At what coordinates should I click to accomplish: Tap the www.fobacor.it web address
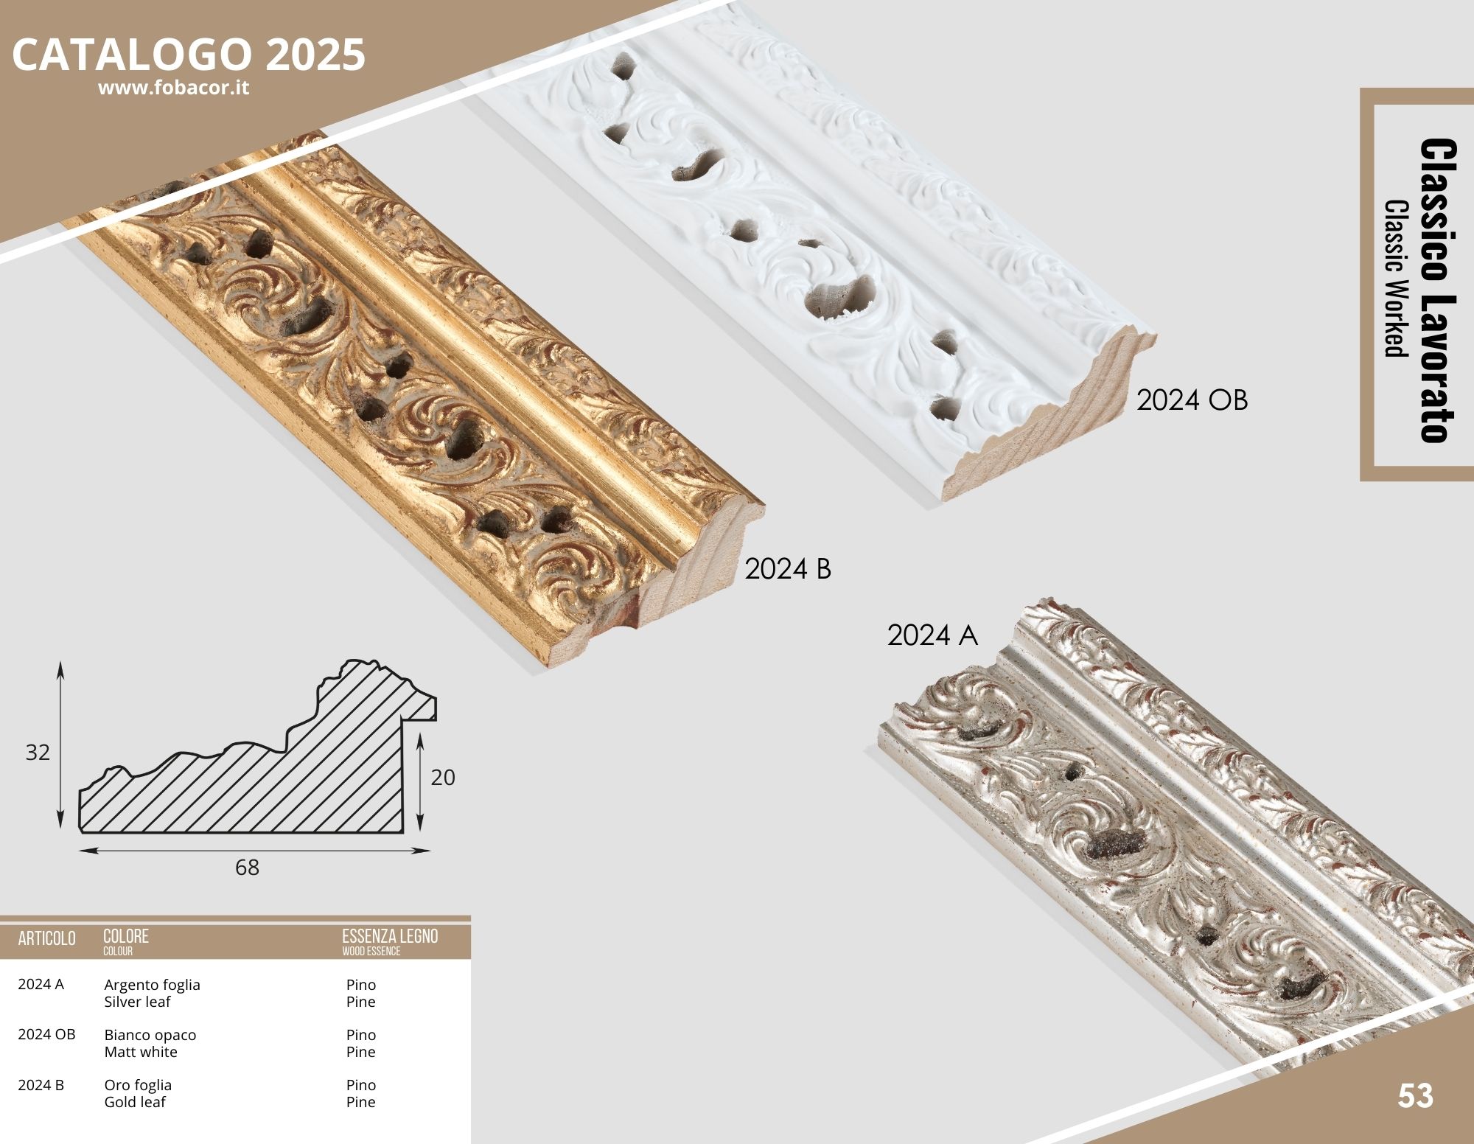(173, 88)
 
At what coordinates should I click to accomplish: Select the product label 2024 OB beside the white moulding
(1192, 400)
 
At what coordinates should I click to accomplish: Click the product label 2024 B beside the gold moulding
(788, 569)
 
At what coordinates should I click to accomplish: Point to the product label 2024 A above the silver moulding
(932, 635)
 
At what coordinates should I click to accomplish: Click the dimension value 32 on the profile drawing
(38, 752)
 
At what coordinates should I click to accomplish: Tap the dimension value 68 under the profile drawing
(247, 868)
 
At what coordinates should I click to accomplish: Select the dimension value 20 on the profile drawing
(443, 777)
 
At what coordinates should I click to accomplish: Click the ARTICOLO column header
(46, 938)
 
